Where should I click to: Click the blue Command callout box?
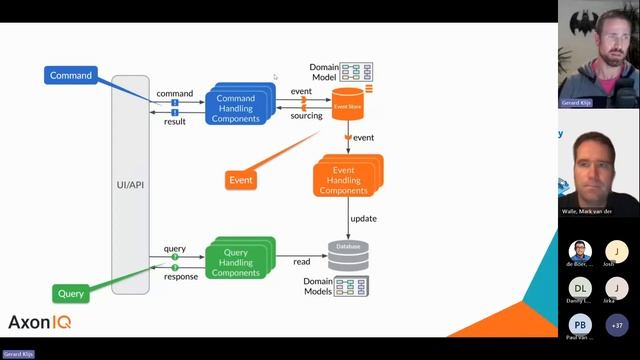(70, 75)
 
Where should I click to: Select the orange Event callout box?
(240, 180)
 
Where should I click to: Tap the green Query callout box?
(70, 294)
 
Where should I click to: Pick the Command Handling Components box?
(237, 108)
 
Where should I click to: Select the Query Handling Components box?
(238, 261)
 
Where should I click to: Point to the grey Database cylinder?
(348, 255)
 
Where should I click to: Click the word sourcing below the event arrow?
(306, 116)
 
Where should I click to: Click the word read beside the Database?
(301, 262)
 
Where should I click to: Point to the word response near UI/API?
(180, 277)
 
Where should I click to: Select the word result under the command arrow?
(174, 121)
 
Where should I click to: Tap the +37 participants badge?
(617, 325)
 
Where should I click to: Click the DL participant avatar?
(580, 288)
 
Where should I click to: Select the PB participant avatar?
(580, 325)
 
